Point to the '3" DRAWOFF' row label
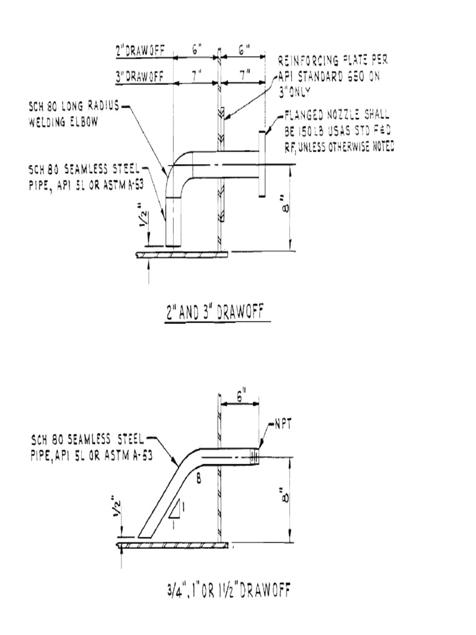140,76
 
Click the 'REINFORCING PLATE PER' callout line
335,61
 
